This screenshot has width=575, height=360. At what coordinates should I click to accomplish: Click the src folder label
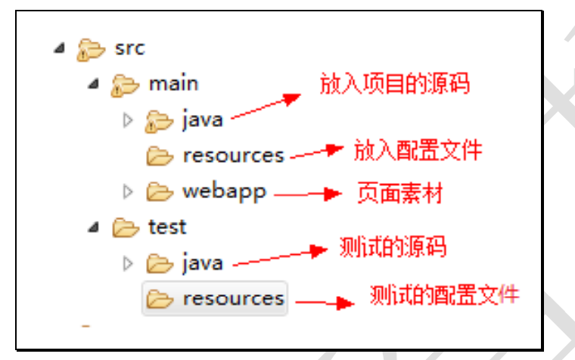click(x=129, y=48)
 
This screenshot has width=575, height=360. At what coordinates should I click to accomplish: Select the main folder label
click(x=173, y=83)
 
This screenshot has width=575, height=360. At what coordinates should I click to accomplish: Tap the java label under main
click(x=202, y=119)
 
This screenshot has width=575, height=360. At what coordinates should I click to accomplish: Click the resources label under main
click(x=233, y=155)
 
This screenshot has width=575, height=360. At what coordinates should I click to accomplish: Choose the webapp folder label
click(x=224, y=191)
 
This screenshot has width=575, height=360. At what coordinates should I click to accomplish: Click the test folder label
click(x=167, y=227)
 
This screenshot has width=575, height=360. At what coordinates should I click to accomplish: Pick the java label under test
click(x=202, y=263)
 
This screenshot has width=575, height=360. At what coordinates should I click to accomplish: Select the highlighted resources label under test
click(x=233, y=299)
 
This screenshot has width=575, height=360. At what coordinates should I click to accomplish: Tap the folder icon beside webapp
click(x=160, y=192)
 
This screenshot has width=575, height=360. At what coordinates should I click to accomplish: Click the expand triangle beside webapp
click(x=128, y=192)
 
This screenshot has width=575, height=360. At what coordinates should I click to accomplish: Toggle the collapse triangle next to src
click(x=60, y=48)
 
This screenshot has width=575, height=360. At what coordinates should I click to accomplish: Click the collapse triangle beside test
click(x=94, y=227)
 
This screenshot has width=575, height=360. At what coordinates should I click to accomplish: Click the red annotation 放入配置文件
click(x=418, y=151)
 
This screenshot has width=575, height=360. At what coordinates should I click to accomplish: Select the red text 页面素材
click(x=399, y=193)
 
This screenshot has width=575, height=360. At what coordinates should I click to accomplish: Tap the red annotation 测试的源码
click(x=393, y=247)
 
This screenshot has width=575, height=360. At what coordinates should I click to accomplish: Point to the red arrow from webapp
click(x=306, y=194)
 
